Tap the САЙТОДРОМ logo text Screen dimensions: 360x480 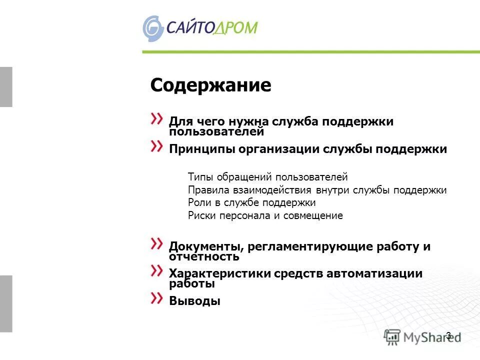click(x=212, y=27)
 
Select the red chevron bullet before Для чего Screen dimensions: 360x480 click(x=156, y=118)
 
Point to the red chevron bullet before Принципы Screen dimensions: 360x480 click(x=156, y=146)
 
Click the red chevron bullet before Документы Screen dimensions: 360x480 click(x=156, y=243)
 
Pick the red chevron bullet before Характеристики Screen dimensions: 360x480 click(x=156, y=270)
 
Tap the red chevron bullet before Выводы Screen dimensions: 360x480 click(x=156, y=298)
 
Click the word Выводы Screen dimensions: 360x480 click(x=194, y=301)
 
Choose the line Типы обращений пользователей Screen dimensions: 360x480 click(x=267, y=177)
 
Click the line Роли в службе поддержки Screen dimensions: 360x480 click(x=252, y=203)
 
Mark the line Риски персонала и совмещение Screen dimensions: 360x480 click(x=265, y=216)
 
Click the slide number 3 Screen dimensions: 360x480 click(x=448, y=335)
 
